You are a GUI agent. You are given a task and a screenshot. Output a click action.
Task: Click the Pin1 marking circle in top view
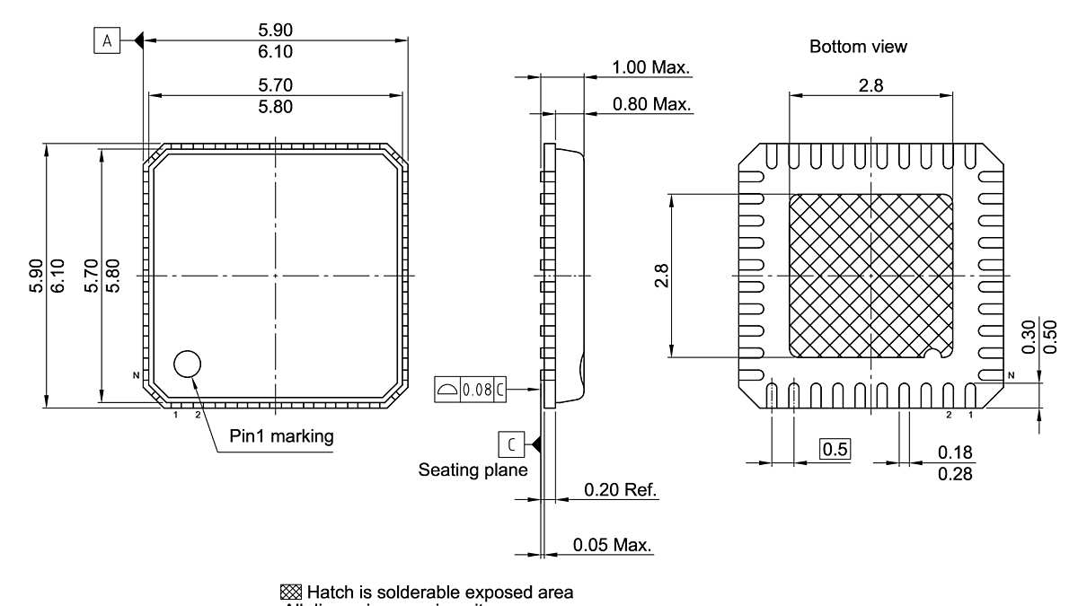188,364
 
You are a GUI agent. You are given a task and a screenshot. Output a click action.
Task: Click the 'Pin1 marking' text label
280,437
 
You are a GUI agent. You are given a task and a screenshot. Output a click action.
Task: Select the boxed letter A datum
106,40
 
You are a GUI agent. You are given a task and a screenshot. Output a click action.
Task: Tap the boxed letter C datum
510,444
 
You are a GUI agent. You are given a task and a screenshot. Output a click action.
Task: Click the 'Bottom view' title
858,47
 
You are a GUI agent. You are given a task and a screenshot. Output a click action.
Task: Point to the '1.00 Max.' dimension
650,67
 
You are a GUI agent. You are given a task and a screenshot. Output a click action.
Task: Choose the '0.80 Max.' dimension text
650,105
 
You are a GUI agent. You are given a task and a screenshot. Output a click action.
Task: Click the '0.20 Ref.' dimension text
620,490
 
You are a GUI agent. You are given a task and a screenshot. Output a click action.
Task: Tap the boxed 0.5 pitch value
835,450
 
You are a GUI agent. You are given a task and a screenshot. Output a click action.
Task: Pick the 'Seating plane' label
473,470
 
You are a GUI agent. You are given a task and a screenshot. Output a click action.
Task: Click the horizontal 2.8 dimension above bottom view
870,85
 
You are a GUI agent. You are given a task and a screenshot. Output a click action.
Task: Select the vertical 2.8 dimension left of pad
662,275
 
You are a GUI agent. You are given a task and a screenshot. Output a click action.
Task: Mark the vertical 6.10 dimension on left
57,275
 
